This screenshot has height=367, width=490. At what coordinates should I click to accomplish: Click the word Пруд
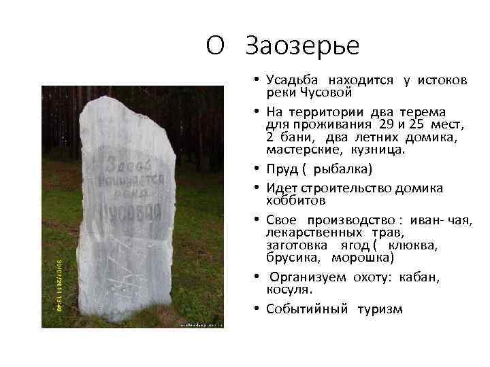click(281, 167)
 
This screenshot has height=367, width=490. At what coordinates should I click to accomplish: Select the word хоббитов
click(295, 200)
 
